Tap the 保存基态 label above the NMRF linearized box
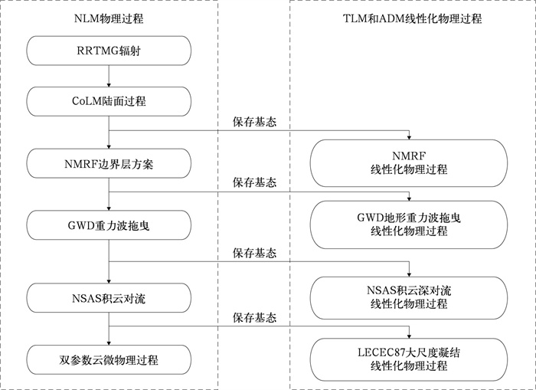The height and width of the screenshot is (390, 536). [253, 122]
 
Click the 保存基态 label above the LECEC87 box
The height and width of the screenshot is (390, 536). [253, 316]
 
